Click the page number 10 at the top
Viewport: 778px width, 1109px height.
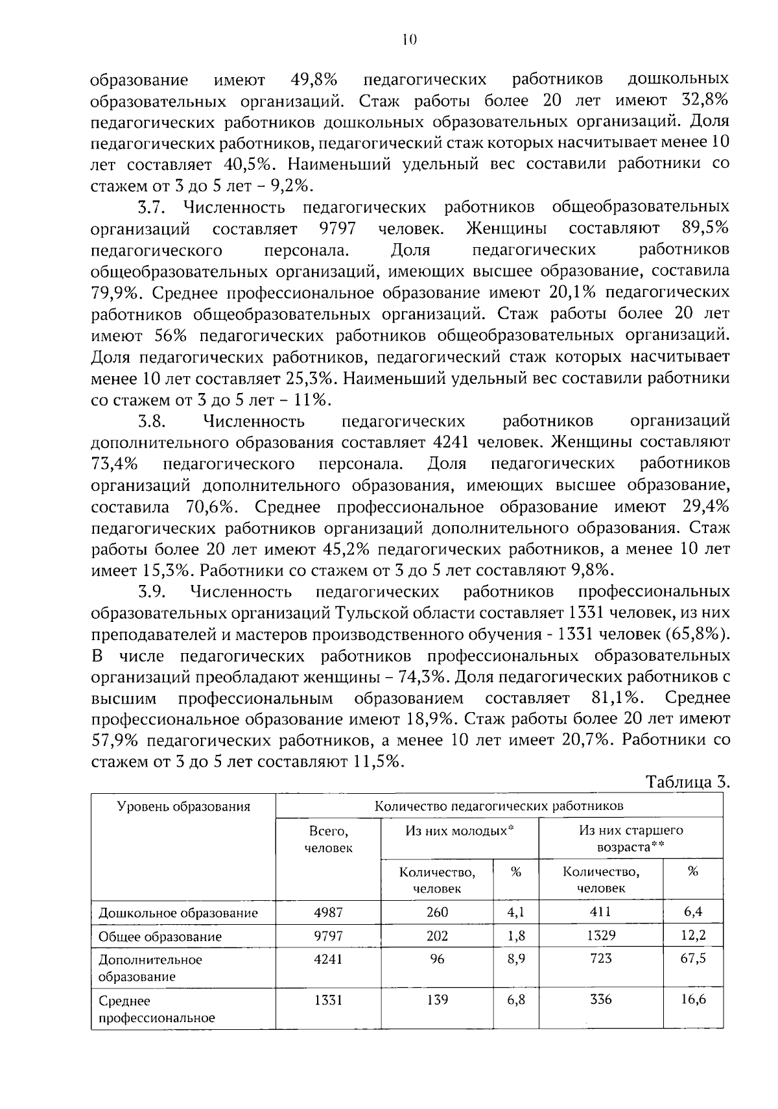click(408, 40)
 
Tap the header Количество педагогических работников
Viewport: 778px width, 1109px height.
click(499, 805)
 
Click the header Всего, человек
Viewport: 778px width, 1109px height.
click(329, 839)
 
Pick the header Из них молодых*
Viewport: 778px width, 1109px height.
click(460, 830)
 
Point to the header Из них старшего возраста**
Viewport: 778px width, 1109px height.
click(631, 839)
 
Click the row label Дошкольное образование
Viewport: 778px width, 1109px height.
click(178, 913)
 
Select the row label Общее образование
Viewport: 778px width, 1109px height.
click(159, 936)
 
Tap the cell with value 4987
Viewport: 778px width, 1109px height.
click(328, 912)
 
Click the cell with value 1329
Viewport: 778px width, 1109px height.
click(600, 936)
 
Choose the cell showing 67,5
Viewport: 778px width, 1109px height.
click(693, 959)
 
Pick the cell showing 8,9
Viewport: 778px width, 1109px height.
click(516, 959)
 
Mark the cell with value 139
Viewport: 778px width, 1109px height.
click(437, 999)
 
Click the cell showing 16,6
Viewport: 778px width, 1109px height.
click(693, 999)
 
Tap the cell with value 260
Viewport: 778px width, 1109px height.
click(437, 912)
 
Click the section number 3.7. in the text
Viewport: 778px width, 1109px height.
click(153, 208)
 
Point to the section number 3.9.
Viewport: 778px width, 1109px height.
click(153, 592)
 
